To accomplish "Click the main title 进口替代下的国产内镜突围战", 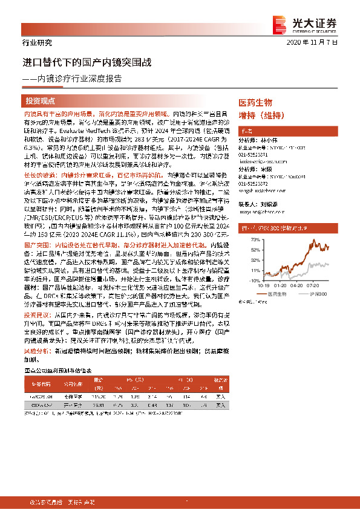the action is (87, 62).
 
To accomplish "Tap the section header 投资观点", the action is (41, 101).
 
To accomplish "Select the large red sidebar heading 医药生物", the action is (255, 103).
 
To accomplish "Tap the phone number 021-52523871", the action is (253, 154).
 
